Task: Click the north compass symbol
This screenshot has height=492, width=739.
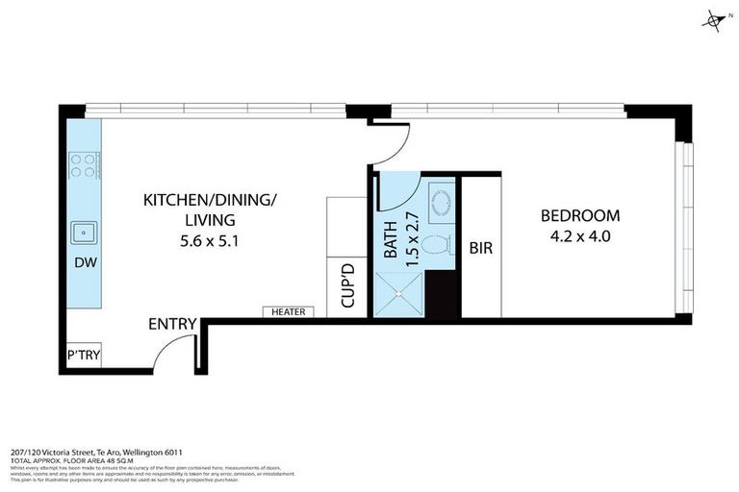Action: [x=714, y=20]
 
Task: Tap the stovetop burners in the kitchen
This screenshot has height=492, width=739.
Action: [x=83, y=166]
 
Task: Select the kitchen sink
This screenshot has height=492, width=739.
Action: [x=84, y=232]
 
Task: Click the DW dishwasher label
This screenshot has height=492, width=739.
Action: [x=84, y=261]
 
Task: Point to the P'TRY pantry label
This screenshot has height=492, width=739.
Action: [x=83, y=357]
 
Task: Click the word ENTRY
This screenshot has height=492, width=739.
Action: [x=173, y=325]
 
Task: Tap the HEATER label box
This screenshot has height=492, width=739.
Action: [x=288, y=311]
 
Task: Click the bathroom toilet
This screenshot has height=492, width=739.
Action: [x=440, y=247]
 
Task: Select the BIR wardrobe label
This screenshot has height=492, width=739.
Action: [x=481, y=248]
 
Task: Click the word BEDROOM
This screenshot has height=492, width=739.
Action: [x=580, y=216]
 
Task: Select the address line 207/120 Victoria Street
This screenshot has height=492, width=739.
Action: [x=96, y=453]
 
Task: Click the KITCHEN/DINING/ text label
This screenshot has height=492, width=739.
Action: [x=210, y=200]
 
